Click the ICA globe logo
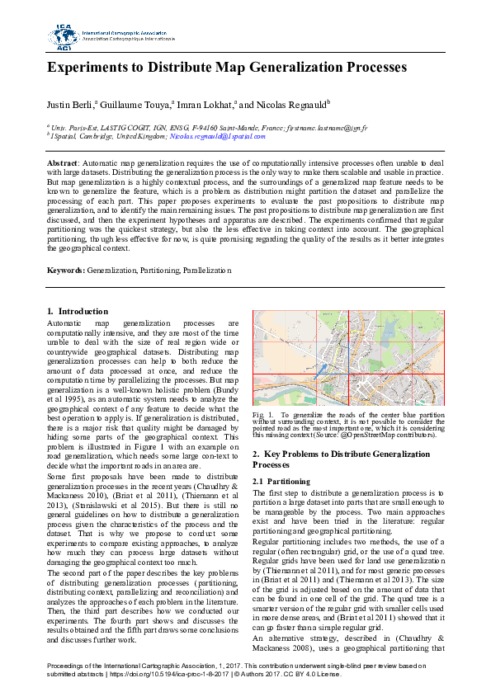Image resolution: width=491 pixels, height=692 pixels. [x=64, y=35]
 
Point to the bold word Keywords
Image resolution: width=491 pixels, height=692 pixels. [x=65, y=270]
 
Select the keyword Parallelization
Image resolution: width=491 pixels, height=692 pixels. [x=207, y=270]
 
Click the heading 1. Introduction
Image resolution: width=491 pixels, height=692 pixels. [x=72, y=311]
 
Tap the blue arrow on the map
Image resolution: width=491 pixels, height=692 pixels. [x=321, y=371]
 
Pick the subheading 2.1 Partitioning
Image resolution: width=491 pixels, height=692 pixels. [x=281, y=481]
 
